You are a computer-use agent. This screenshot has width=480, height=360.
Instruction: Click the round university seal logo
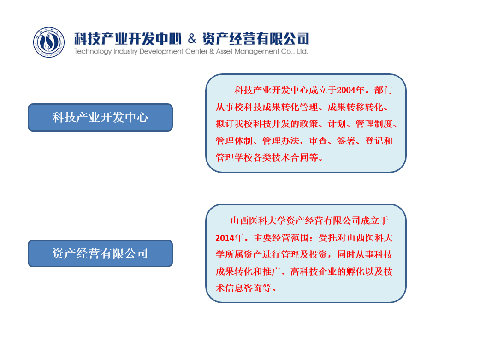[x=49, y=42]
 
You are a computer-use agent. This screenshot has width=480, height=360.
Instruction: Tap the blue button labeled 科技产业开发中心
[x=101, y=117]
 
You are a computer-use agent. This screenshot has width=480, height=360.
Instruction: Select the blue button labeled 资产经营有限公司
[x=101, y=253]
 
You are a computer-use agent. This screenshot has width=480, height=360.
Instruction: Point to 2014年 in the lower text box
[x=230, y=238]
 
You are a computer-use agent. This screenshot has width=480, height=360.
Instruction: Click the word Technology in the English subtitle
[x=93, y=52]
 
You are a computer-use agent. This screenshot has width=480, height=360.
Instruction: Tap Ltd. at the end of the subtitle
[x=302, y=52]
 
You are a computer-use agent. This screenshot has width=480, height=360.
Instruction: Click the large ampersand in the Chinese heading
[x=192, y=39]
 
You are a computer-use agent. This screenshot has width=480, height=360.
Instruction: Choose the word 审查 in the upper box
[x=318, y=141]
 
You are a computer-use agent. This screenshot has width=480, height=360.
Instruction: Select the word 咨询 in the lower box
[x=253, y=288]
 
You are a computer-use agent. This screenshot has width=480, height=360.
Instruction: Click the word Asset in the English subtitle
[x=225, y=52]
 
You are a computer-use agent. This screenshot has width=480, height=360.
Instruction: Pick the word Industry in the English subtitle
[x=125, y=52]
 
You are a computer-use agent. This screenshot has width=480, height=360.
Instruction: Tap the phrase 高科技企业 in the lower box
[x=314, y=271]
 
